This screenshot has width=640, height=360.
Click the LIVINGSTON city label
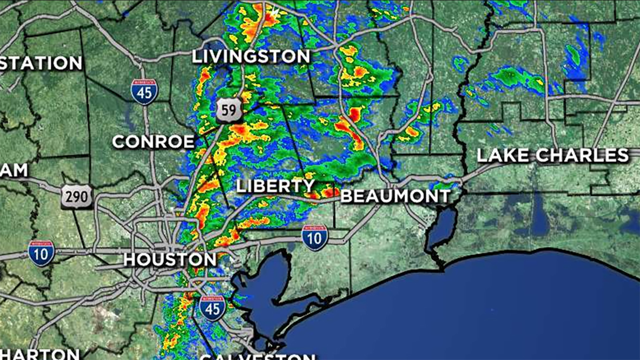(x=251, y=56)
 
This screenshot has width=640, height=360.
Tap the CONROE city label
(x=153, y=142)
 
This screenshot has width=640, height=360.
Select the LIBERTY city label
(x=275, y=186)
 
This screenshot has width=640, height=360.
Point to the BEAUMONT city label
(x=396, y=196)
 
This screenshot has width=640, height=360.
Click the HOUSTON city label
(x=170, y=260)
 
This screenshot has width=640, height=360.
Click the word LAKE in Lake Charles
(x=503, y=155)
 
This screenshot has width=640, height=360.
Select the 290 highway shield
(x=77, y=196)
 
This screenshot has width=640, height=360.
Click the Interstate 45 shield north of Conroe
(x=144, y=92)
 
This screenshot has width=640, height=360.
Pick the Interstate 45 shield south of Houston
(x=212, y=308)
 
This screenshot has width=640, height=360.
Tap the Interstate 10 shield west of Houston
(x=41, y=253)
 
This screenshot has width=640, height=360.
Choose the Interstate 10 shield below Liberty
(x=315, y=238)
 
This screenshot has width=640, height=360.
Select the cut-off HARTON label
(x=40, y=354)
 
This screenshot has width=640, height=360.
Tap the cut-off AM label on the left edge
(x=14, y=170)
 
